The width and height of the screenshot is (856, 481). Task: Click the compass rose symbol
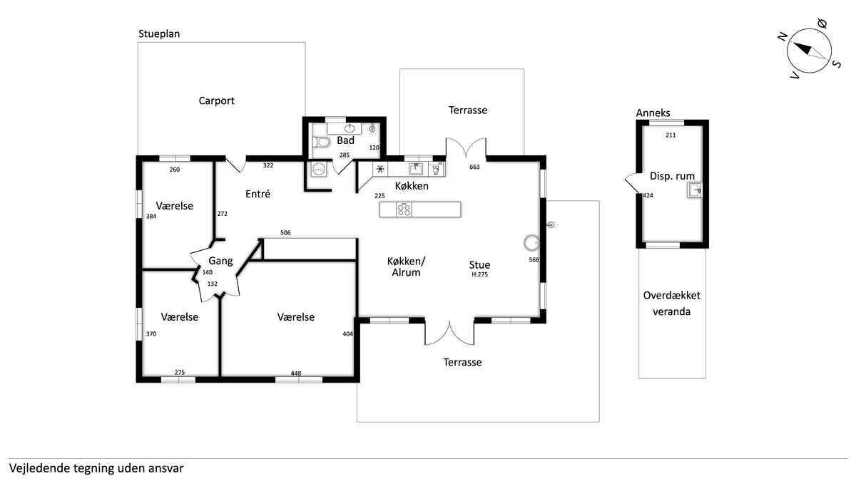[812, 49]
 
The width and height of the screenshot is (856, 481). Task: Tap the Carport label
[216, 101]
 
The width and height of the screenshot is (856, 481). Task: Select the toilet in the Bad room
[322, 143]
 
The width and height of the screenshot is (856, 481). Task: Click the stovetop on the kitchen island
[404, 210]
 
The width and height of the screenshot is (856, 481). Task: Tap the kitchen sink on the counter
[416, 169]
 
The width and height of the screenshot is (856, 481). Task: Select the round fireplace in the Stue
[531, 242]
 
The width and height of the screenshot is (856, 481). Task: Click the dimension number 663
[474, 167]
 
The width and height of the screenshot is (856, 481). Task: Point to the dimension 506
[285, 233]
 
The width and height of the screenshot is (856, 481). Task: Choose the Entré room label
[258, 194]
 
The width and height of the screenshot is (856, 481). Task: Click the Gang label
[220, 261]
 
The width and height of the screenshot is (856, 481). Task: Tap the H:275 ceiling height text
[479, 274]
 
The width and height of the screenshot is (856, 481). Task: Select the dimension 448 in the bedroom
[296, 373]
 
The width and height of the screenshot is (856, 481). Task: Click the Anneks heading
[653, 113]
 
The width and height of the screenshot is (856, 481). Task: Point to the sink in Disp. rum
[695, 189]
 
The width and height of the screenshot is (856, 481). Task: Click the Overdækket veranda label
[671, 303]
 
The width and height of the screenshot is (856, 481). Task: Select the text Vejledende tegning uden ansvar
[97, 469]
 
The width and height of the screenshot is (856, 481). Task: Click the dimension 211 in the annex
[671, 135]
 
